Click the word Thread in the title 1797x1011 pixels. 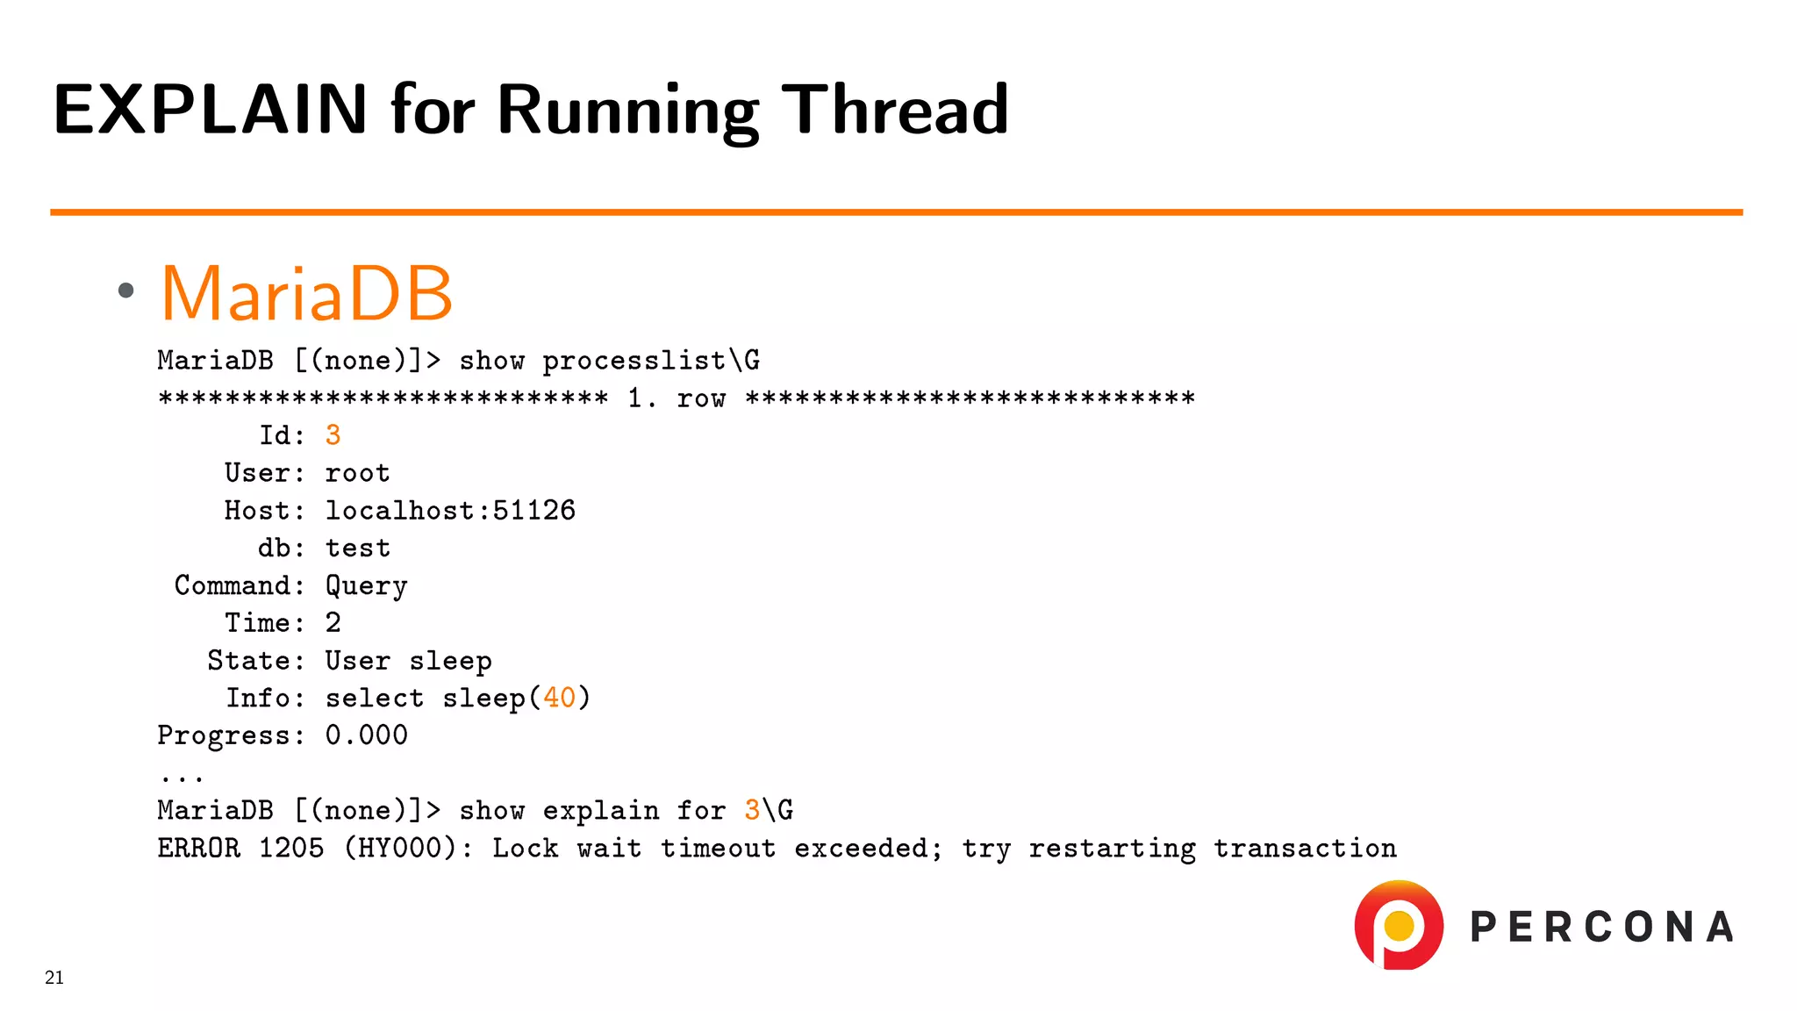pyautogui.click(x=894, y=110)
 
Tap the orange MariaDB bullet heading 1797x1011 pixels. pyautogui.click(x=306, y=293)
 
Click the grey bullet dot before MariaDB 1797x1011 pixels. pyautogui.click(x=126, y=290)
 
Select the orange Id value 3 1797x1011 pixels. pyautogui.click(x=333, y=435)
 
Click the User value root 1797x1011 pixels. pyautogui.click(x=357, y=473)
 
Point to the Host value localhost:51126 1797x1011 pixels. pyautogui.click(x=450, y=511)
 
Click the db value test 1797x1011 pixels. pyautogui.click(x=357, y=549)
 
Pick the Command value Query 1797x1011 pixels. pyautogui.click(x=366, y=586)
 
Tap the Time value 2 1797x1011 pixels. pyautogui.click(x=333, y=623)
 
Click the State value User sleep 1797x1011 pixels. pyautogui.click(x=408, y=661)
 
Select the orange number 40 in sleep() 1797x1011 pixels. pyautogui.click(x=559, y=699)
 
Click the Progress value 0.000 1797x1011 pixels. pyautogui.click(x=366, y=735)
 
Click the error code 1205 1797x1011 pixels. pyautogui.click(x=290, y=849)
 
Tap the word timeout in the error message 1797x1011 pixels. pyautogui.click(x=717, y=849)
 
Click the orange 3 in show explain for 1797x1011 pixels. pyautogui.click(x=752, y=810)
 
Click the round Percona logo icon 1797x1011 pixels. pyautogui.click(x=1399, y=925)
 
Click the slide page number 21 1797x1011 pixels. pyautogui.click(x=54, y=978)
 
